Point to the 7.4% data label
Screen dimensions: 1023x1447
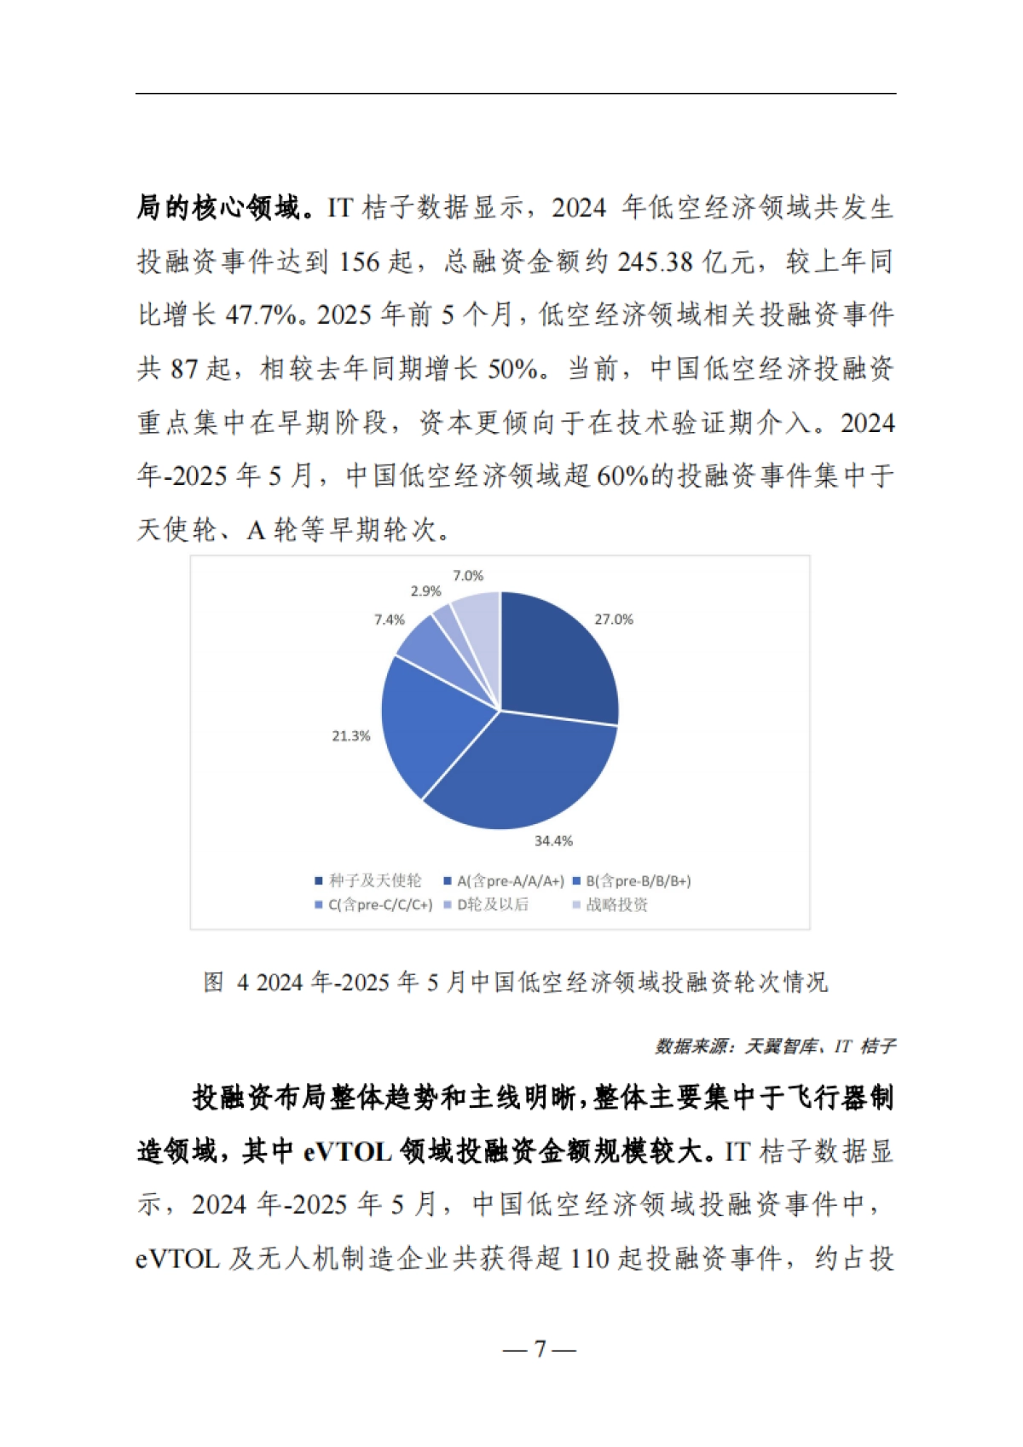[x=390, y=620]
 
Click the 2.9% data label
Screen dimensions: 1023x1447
[x=425, y=591]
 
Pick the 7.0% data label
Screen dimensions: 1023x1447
[x=468, y=576]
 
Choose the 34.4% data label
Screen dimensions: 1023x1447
[x=553, y=841]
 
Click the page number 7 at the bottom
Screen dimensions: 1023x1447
[x=540, y=1349]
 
